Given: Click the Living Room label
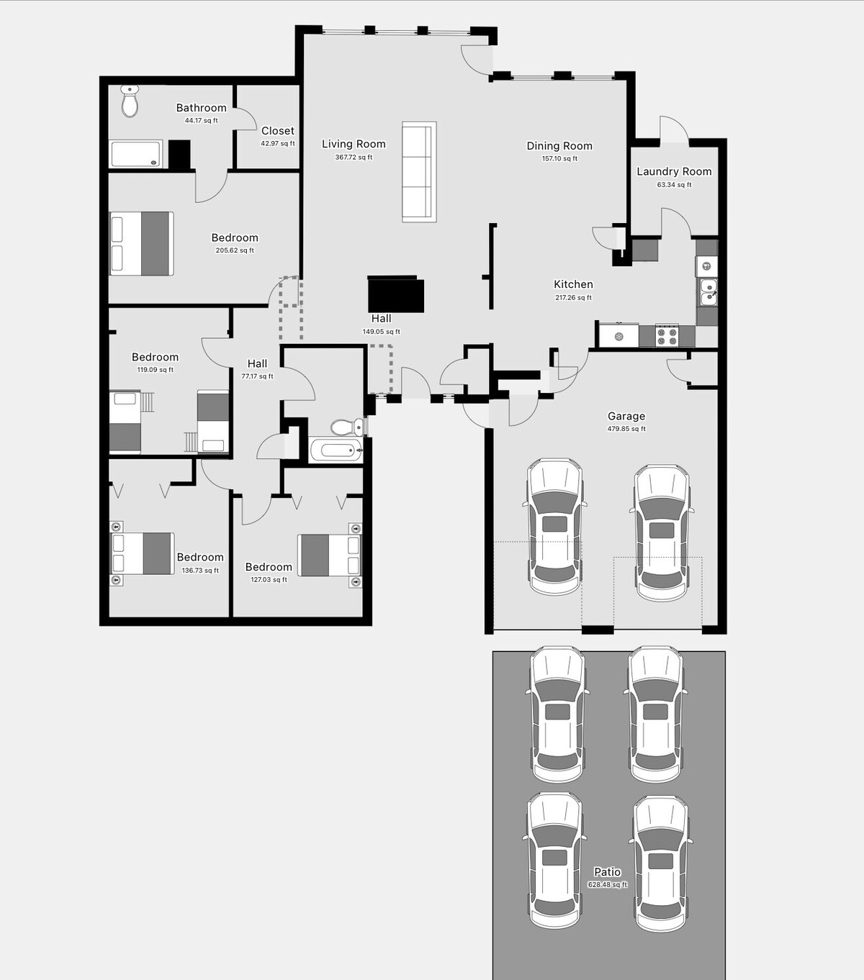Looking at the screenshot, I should coord(354,144).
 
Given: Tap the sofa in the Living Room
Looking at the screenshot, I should coord(418,172).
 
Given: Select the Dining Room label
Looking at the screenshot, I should coord(559,146).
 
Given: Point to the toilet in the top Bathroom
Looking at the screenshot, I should coord(130,101).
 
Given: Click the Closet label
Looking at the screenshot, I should coord(278,131).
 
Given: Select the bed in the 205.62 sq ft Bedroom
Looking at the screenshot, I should coord(142,243).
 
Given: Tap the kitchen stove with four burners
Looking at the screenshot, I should coord(667,336).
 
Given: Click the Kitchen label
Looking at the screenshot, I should coord(573,284).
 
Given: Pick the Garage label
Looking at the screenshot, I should coord(626,416).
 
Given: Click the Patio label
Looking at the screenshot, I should coord(607,872).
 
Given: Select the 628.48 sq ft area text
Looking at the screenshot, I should coord(608,885).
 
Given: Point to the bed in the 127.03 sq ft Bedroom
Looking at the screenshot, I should coord(329,555).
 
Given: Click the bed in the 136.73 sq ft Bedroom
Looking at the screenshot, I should coord(142,553).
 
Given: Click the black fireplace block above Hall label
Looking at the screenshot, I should coord(395,294).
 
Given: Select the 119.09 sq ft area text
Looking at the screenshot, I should coord(156,370).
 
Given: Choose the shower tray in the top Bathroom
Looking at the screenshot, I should coord(136,154).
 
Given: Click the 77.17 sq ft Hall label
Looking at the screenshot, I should coord(257,364).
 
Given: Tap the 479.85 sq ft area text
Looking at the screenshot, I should coord(626,429).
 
